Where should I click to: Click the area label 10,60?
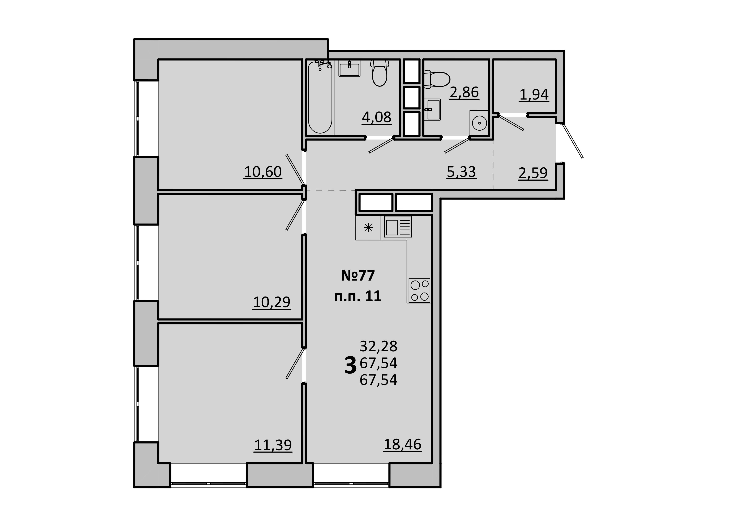point(263,172)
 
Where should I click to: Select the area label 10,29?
point(272,302)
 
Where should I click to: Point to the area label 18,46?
point(403,444)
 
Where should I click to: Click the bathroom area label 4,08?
point(377,117)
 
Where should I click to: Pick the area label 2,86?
point(464,92)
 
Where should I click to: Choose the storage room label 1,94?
point(534,95)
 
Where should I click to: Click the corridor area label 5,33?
point(462,172)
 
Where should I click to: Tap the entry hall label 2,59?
point(533,173)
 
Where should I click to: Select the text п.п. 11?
point(358,296)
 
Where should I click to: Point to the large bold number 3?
point(350,366)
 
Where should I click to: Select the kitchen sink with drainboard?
point(398,227)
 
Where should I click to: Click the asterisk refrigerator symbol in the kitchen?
point(368,228)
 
